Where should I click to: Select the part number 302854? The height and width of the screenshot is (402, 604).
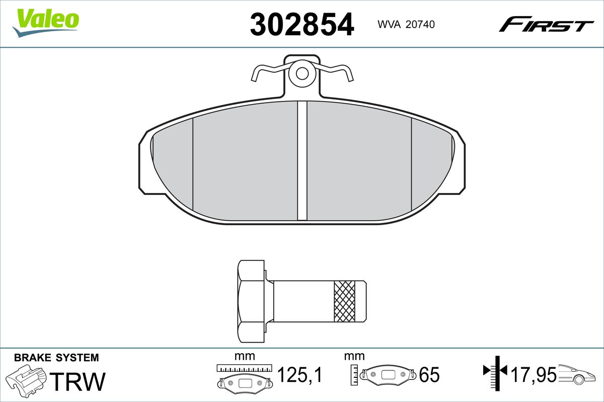[x=301, y=24]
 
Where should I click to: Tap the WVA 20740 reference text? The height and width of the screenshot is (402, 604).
[x=406, y=25]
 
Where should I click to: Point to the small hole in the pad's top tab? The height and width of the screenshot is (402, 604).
[x=302, y=73]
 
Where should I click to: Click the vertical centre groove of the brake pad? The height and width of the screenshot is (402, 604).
[x=302, y=161]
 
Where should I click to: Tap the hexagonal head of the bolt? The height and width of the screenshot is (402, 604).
[x=251, y=301]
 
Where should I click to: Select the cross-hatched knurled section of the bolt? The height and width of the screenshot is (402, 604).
[x=344, y=301]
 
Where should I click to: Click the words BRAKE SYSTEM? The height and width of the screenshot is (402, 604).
[x=56, y=358]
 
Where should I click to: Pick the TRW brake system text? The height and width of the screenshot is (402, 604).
[x=78, y=381]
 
